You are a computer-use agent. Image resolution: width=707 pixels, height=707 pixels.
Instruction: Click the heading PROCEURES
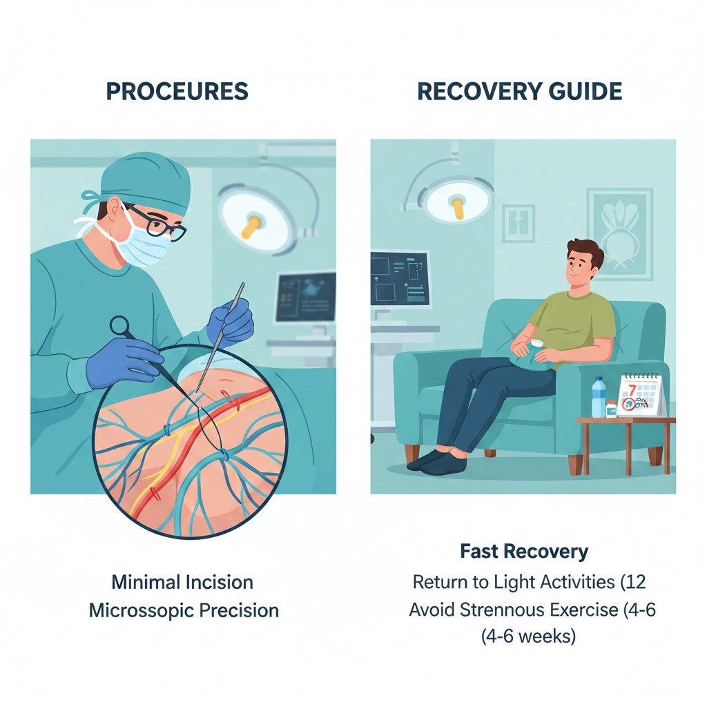tap(177, 92)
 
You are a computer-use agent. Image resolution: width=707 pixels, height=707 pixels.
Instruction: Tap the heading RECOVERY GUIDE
tap(519, 92)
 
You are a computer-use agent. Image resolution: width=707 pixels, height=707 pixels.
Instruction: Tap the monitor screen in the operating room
tap(305, 297)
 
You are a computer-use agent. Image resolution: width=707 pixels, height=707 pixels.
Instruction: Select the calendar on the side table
tap(640, 396)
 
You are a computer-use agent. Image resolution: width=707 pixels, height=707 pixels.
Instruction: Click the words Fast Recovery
tap(524, 552)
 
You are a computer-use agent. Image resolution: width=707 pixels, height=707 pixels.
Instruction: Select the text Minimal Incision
tap(182, 581)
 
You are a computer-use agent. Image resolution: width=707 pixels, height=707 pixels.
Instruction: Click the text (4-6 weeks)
tap(528, 636)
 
